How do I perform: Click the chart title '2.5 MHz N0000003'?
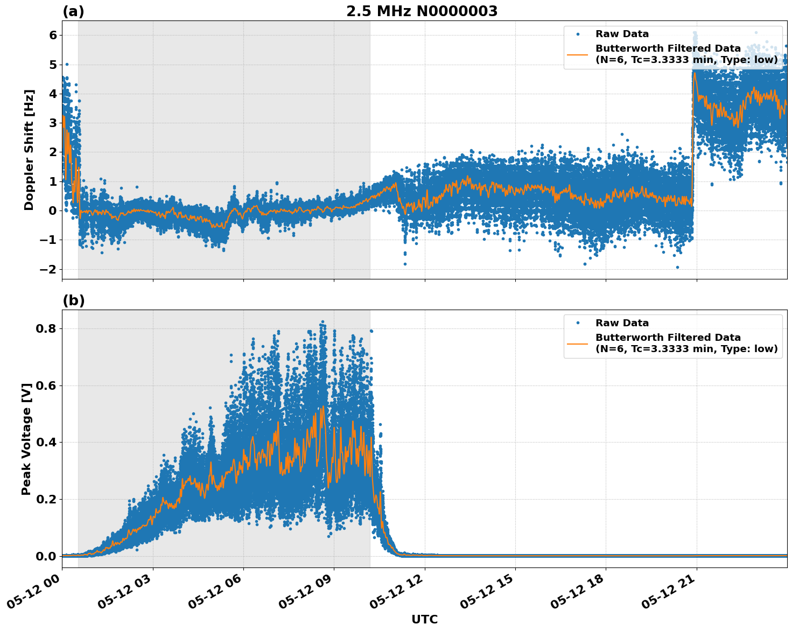pos(422,11)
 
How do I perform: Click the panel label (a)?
pos(73,11)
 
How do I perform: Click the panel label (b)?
pos(73,300)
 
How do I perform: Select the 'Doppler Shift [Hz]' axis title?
pos(29,150)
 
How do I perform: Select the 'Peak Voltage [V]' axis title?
pos(26,439)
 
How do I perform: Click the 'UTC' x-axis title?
pos(424,619)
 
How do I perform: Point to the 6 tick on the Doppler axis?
pos(53,36)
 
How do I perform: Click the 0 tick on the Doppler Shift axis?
pos(53,211)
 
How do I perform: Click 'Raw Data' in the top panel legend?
pos(622,34)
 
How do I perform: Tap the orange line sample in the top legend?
pos(578,54)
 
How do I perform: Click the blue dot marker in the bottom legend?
pos(578,323)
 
